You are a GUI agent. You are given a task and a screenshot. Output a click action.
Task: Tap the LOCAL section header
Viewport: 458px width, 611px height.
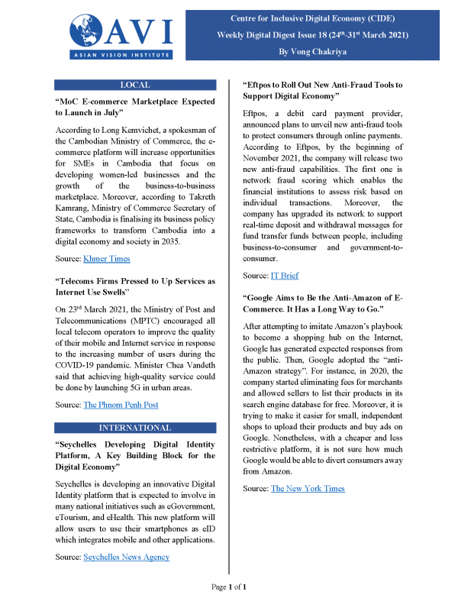135,85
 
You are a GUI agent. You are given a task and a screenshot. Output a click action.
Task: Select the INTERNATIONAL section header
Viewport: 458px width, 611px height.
135,427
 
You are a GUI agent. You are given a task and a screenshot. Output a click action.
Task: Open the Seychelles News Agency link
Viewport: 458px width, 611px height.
125,557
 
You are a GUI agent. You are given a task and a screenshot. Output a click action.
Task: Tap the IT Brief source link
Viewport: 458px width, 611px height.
285,275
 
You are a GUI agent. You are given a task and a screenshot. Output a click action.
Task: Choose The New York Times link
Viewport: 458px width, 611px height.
307,488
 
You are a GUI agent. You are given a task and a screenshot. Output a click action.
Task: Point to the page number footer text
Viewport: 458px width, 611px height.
228,587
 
